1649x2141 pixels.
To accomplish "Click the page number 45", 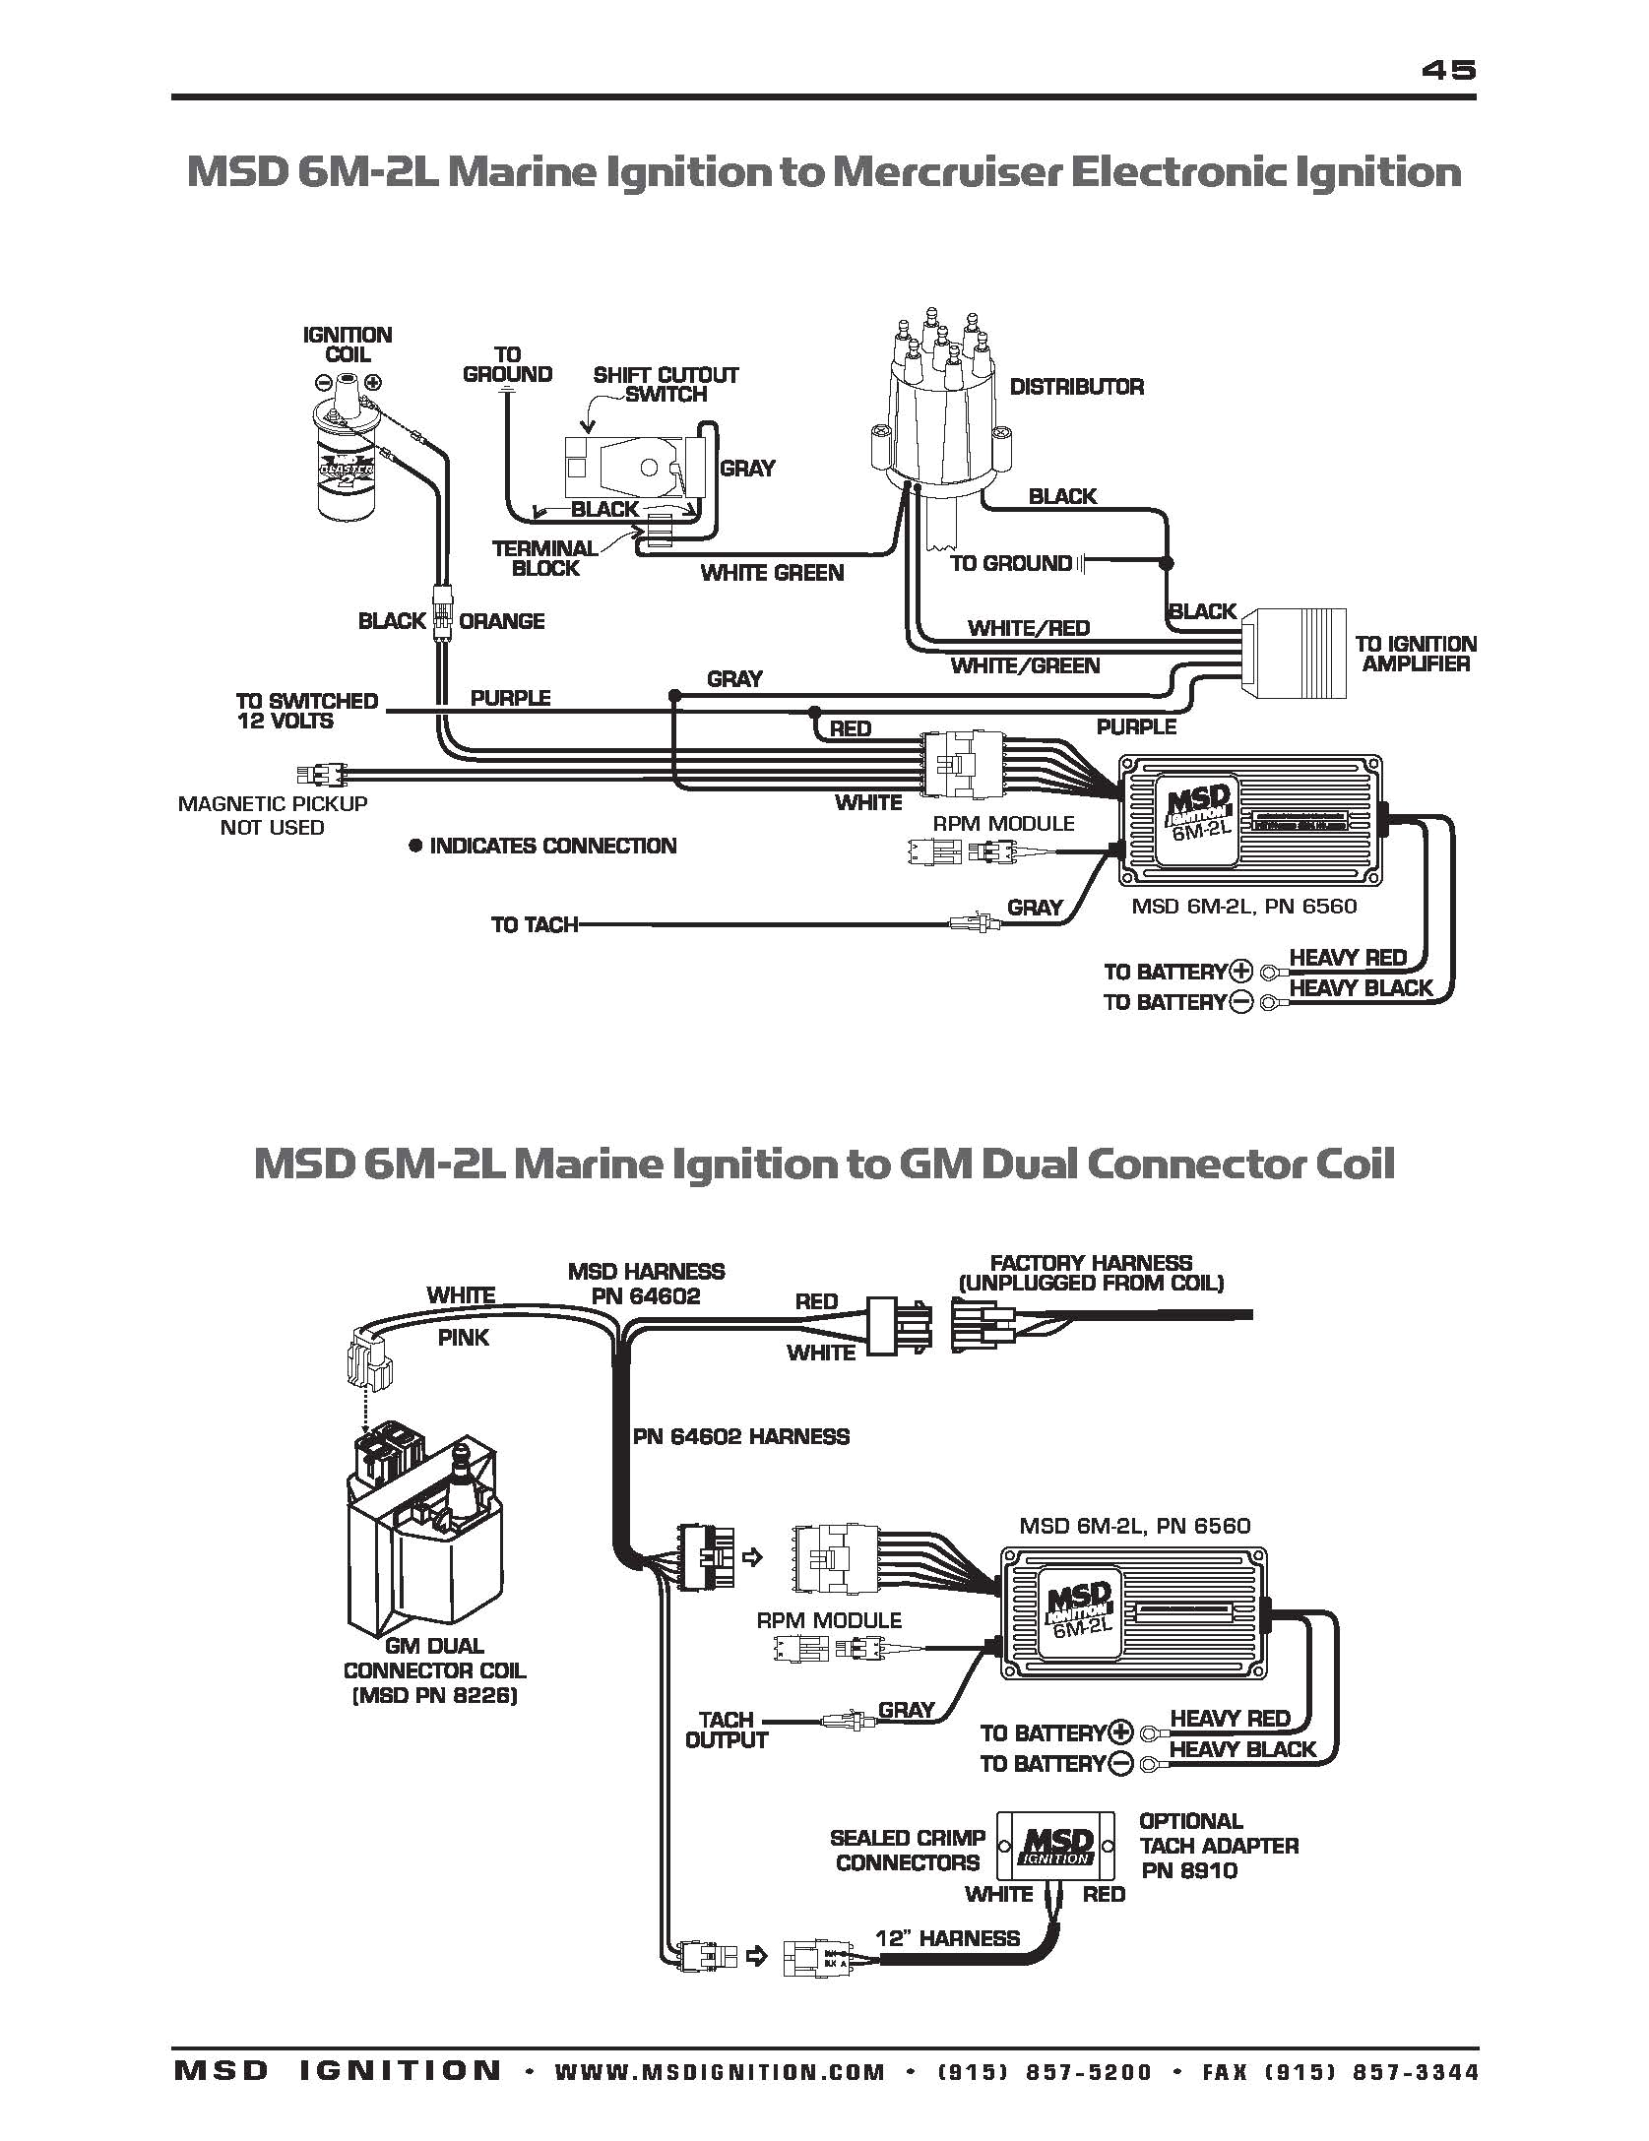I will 1448,70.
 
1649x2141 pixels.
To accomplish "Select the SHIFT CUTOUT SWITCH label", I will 666,385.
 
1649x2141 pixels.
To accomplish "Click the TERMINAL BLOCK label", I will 545,558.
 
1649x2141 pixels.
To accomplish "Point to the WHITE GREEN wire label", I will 772,573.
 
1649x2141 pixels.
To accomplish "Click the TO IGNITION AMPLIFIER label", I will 1416,654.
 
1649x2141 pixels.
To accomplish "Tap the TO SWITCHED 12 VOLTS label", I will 307,711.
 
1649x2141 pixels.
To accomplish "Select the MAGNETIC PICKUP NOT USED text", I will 273,815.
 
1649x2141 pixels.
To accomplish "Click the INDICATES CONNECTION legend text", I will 552,846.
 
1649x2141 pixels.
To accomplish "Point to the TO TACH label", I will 534,924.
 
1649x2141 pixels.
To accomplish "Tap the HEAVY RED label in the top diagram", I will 1347,958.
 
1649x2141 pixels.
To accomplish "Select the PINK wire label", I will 463,1338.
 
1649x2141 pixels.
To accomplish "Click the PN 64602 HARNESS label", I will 740,1436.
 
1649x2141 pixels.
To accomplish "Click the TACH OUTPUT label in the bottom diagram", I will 727,1730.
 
